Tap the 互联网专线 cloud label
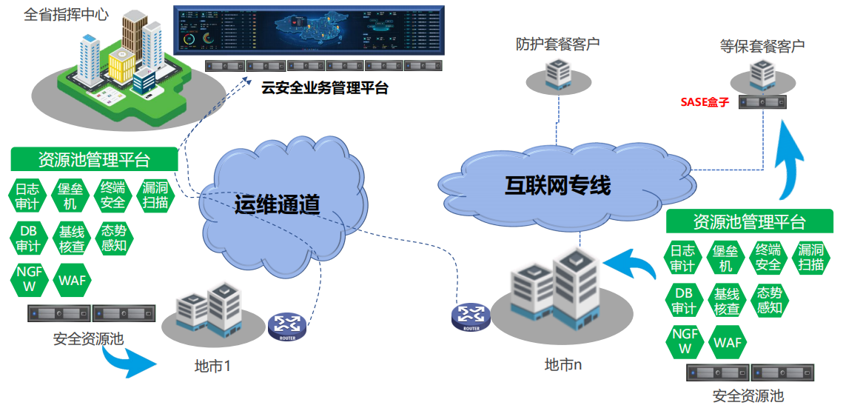coord(557,184)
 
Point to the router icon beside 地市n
coord(471,316)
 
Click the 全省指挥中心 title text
coord(67,15)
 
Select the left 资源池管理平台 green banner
coord(94,159)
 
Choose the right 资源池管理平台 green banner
coord(748,221)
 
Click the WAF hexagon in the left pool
coord(72,280)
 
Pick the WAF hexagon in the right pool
coord(727,342)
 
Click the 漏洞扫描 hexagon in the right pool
coord(811,257)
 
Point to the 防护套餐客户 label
coord(557,44)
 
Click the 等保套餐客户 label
coord(762,46)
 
